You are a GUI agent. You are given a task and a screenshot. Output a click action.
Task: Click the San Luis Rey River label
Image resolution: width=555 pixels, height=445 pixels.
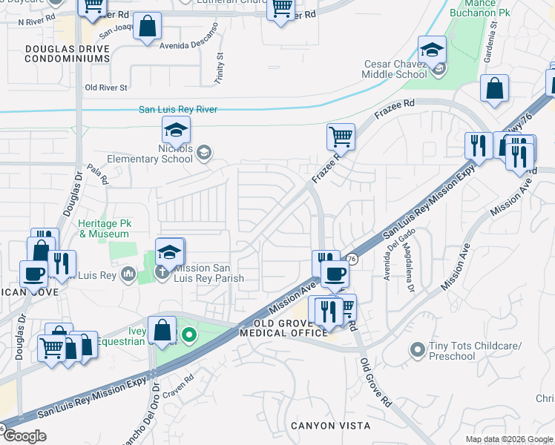[x=178, y=110]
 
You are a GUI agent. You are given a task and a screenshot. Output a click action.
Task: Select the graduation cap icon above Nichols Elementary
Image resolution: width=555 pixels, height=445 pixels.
[x=176, y=131]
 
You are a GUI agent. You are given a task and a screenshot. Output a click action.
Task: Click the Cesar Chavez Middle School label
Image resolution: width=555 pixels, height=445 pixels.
[x=395, y=69]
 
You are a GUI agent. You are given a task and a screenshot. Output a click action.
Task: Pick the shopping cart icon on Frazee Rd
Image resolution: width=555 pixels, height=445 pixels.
[x=340, y=136]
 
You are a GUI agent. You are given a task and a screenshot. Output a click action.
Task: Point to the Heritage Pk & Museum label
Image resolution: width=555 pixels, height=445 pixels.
[x=104, y=228]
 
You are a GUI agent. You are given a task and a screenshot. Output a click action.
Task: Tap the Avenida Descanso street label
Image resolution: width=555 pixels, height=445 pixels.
[x=189, y=37]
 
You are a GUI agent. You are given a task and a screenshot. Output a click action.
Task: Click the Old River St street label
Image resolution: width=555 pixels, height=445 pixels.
[x=106, y=88]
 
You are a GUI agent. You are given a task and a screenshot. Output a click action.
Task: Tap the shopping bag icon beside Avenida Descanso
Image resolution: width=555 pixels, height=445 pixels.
[x=148, y=27]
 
